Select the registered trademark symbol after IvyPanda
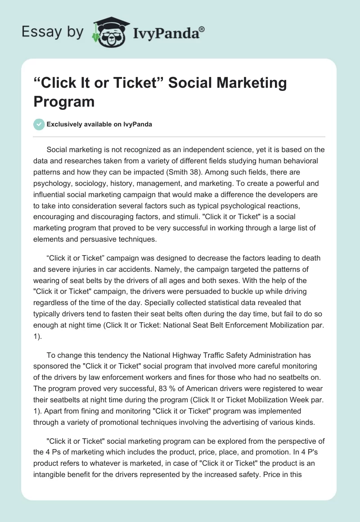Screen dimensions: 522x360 [x=202, y=29]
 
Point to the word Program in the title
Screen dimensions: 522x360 [x=64, y=101]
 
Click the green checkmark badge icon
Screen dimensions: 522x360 [x=39, y=124]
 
